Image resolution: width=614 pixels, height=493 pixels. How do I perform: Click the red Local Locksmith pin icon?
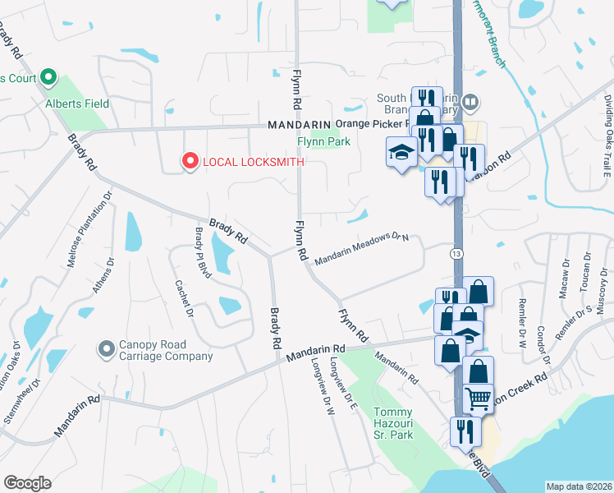(x=190, y=162)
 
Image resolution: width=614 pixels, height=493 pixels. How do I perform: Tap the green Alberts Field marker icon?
(x=48, y=80)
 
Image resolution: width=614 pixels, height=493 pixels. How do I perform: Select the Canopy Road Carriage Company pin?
(x=105, y=350)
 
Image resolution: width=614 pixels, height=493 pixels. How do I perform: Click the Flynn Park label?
(x=323, y=142)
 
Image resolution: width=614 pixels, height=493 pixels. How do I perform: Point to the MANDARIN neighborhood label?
(x=298, y=126)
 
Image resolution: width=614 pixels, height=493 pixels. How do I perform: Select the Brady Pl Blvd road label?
(x=199, y=252)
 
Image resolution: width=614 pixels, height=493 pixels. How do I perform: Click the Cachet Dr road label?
(x=183, y=297)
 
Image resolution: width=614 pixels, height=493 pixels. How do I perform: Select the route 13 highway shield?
(x=456, y=254)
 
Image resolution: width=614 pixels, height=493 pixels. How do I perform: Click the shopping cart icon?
(x=478, y=399)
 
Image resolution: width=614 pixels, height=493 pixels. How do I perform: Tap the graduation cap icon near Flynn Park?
(x=401, y=153)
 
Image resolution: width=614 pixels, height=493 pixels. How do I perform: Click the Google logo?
(x=26, y=483)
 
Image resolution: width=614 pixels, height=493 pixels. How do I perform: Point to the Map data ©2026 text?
(x=579, y=486)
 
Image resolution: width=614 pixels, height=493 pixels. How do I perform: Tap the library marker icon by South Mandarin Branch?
(x=470, y=103)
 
